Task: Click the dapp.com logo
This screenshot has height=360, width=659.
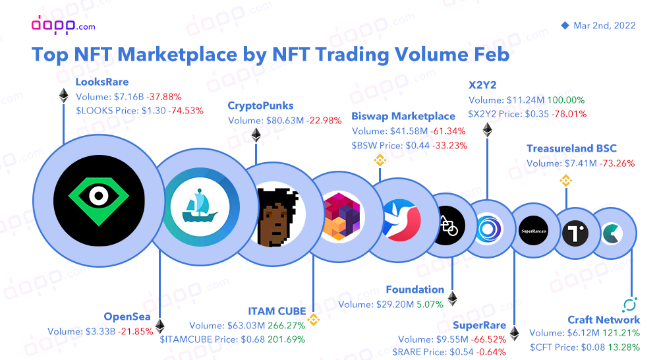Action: tap(63, 24)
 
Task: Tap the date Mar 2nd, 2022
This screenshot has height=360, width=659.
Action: tap(604, 26)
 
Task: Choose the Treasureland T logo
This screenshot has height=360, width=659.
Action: tap(575, 233)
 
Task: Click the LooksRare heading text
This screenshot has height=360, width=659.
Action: tap(102, 82)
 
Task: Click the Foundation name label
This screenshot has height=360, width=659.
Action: tap(415, 289)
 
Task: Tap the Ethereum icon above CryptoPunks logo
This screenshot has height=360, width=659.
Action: tap(256, 136)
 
